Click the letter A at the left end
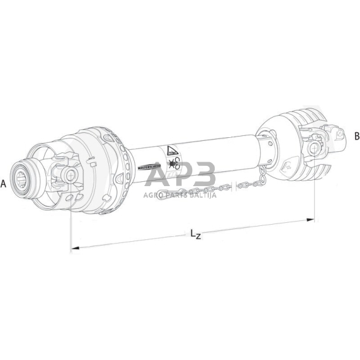click(5, 183)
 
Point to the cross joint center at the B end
click(316, 146)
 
